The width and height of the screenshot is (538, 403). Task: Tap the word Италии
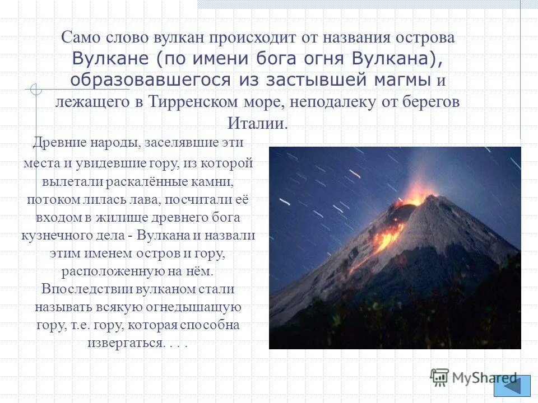[258, 123]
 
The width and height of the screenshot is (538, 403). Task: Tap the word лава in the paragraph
[157, 200]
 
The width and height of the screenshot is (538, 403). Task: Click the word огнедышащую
[194, 307]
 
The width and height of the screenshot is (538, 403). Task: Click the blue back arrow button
[512, 386]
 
